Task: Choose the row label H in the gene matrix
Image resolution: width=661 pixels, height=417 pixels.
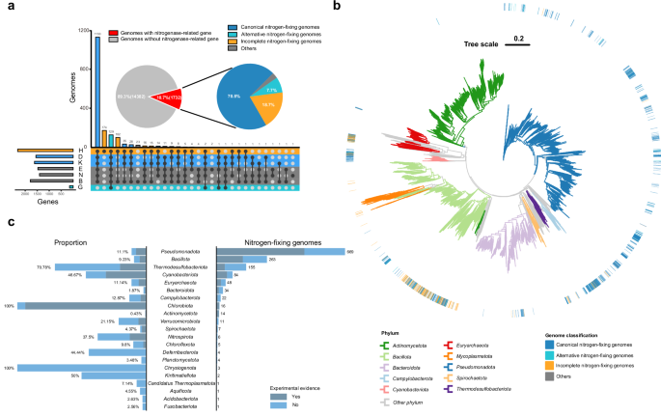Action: (81, 150)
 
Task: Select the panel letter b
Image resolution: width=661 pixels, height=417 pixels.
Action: (336, 7)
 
